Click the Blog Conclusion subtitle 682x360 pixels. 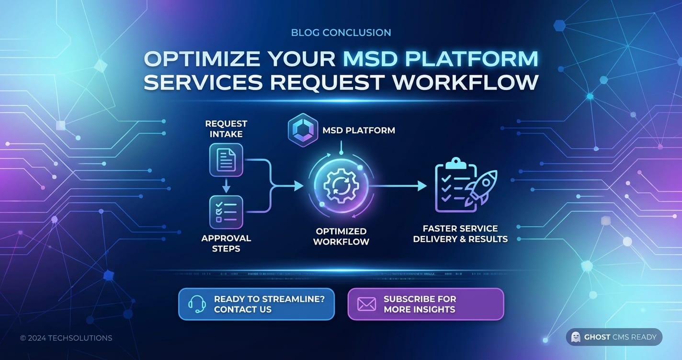[x=341, y=33]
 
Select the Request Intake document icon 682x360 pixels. [x=226, y=160]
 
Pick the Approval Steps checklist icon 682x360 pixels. [x=226, y=212]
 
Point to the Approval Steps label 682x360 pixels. [x=226, y=243]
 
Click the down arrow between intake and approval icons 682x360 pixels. [x=226, y=186]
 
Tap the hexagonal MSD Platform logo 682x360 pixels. [x=302, y=130]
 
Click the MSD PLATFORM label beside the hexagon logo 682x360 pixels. [x=359, y=130]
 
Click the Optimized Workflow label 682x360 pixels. [x=341, y=236]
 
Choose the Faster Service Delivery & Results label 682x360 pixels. [x=460, y=234]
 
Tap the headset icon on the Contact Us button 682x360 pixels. [x=197, y=304]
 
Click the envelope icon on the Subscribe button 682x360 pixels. [x=367, y=304]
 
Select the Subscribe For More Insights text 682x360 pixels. [x=420, y=304]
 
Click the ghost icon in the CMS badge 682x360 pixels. [x=576, y=337]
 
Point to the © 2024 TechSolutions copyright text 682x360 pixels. [x=66, y=338]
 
